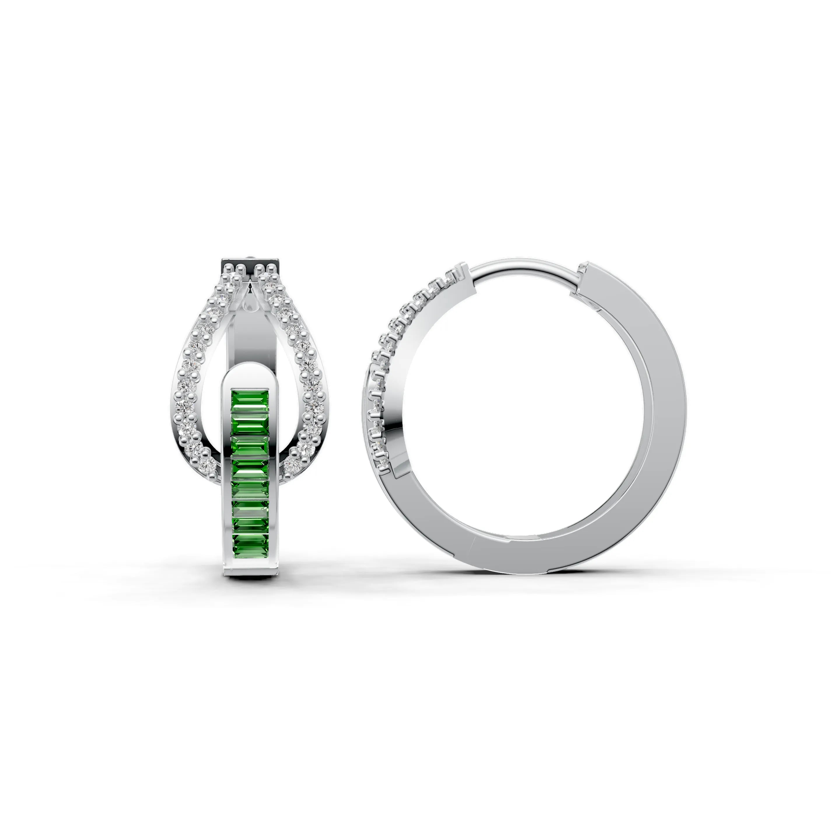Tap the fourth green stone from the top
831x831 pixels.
point(250,450)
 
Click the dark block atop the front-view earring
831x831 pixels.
point(250,264)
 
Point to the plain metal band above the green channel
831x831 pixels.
point(250,336)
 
